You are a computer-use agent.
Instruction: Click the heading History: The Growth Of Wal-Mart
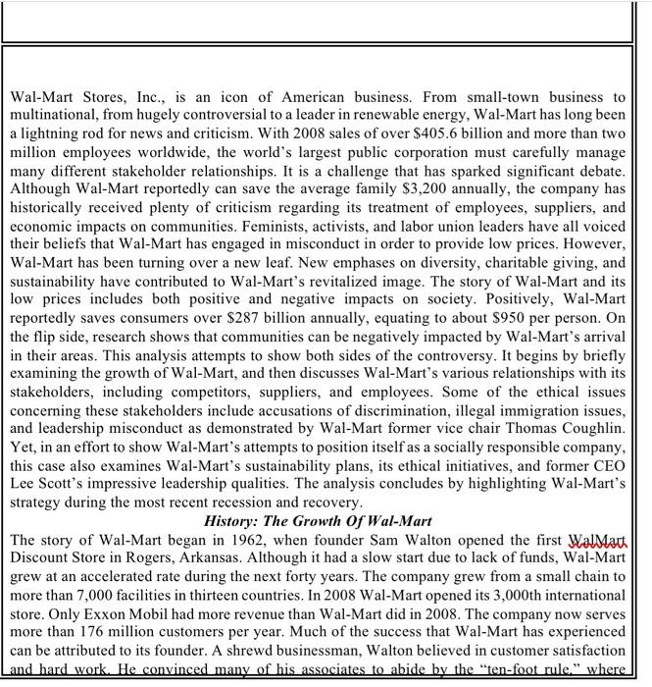(318, 520)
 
